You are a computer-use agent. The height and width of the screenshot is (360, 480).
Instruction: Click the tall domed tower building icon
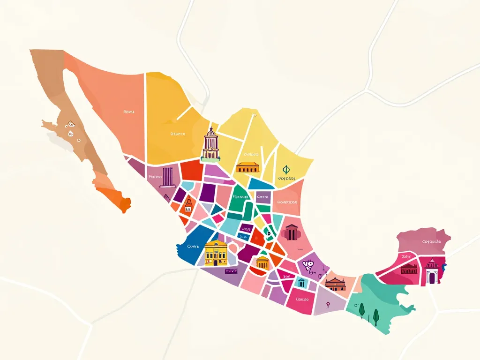210,144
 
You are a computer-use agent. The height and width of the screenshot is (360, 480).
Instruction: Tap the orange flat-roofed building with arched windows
248,167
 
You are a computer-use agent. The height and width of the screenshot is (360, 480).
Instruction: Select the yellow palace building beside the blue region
216,253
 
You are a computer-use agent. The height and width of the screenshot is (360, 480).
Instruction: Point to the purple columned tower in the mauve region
167,177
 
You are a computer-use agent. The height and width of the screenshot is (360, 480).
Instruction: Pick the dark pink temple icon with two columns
291,232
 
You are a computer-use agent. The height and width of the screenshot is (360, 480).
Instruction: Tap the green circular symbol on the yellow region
286,170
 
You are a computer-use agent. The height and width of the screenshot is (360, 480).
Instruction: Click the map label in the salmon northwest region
128,112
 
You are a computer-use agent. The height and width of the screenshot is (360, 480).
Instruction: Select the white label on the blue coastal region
193,246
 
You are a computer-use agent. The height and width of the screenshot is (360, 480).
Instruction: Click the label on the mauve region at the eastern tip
431,242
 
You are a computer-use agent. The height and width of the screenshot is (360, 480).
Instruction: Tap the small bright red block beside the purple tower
191,170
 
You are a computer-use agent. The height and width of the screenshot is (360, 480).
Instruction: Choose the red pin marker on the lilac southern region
328,305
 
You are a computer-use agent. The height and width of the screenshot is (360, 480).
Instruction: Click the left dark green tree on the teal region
361,309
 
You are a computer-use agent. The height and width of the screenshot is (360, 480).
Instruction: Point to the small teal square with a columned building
301,283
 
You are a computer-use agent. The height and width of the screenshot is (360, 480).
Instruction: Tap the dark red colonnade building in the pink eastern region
409,268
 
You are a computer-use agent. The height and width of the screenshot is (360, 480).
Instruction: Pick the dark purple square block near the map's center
208,193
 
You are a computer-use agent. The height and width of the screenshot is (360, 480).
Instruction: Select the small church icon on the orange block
188,204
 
